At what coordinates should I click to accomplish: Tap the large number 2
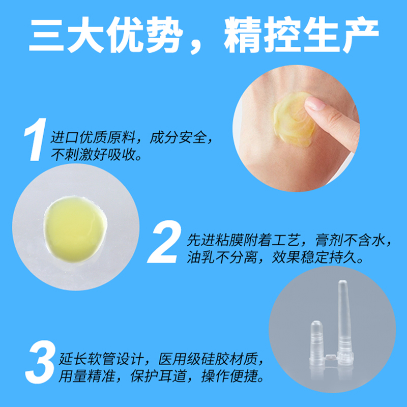tap(164, 244)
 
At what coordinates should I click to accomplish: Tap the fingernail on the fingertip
tap(315, 104)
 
